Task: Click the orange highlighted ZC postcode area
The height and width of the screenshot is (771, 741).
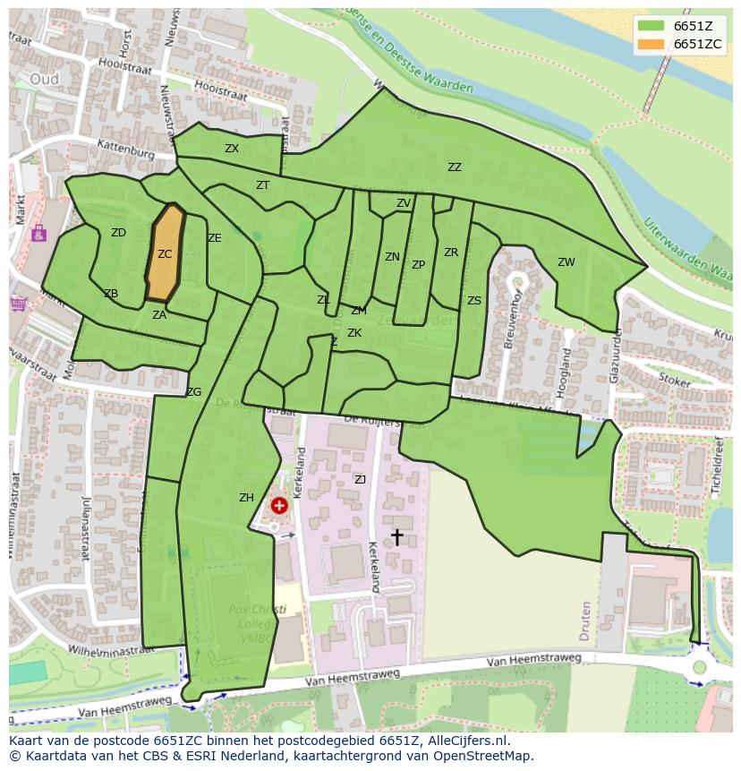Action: (x=165, y=255)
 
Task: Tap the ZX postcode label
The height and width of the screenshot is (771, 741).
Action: (x=232, y=149)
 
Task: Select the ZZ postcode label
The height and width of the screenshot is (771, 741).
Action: (x=455, y=167)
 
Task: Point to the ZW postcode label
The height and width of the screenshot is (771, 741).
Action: (x=566, y=262)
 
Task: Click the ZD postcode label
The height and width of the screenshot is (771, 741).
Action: (x=118, y=233)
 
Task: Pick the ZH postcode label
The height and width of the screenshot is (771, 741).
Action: (x=246, y=498)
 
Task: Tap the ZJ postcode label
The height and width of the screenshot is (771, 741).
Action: (x=360, y=480)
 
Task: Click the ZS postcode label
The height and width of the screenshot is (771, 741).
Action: (x=473, y=301)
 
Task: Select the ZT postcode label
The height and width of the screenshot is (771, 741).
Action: (x=262, y=185)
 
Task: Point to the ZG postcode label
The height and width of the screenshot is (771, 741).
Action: (x=193, y=392)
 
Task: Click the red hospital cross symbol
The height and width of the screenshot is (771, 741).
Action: (x=279, y=506)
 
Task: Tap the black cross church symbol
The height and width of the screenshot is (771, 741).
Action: (x=396, y=536)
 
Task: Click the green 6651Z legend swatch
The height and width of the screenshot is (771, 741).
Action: (x=651, y=26)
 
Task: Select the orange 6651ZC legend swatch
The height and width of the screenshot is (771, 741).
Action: (x=651, y=44)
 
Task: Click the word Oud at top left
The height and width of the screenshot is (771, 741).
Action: (x=44, y=79)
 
